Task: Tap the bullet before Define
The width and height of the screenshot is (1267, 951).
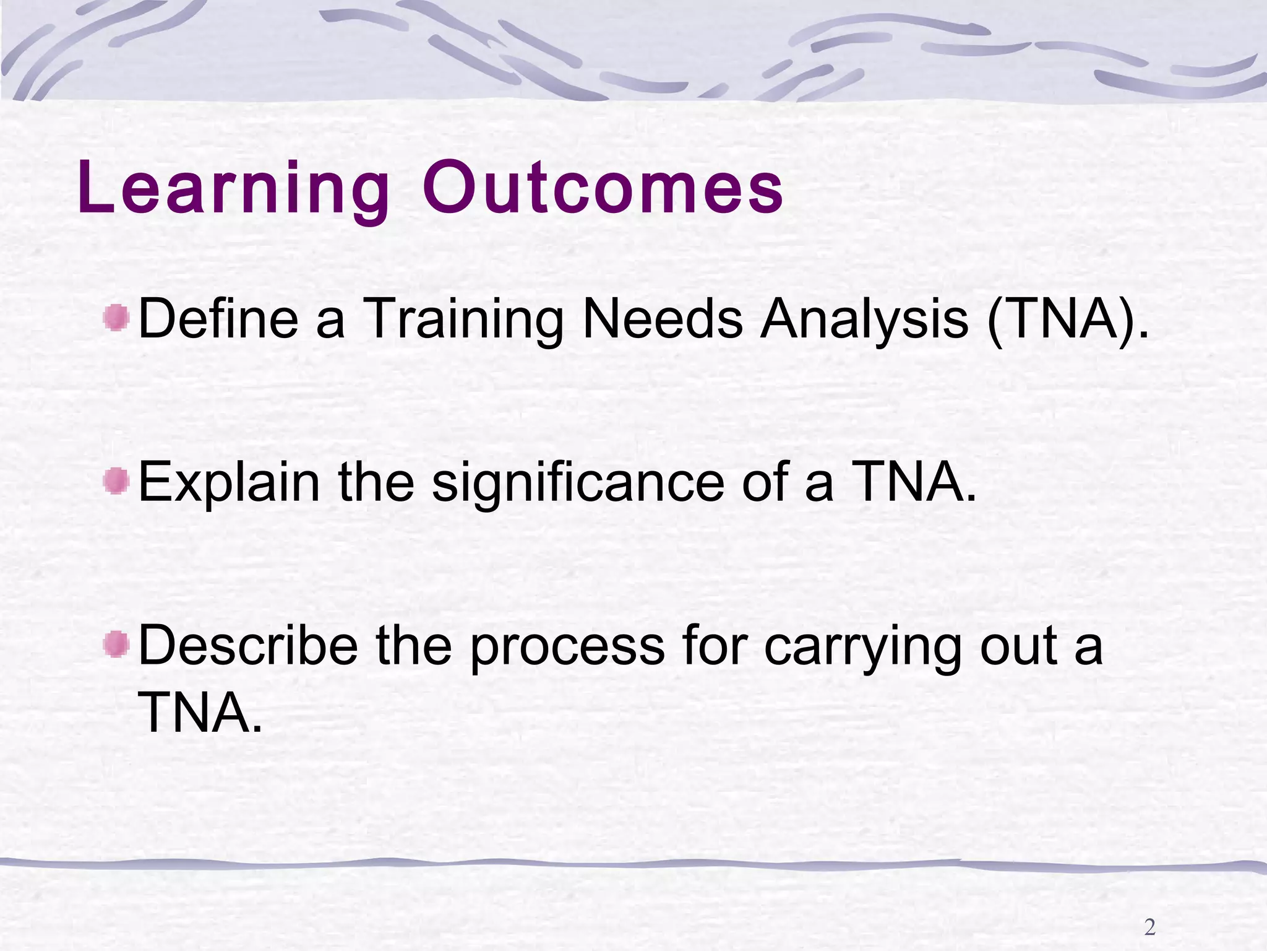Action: [116, 318]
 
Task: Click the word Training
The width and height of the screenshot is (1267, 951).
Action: [463, 319]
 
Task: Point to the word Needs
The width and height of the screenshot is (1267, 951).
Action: [663, 319]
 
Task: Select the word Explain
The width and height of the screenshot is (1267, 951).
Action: [230, 484]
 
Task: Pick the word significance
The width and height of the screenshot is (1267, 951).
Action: [578, 484]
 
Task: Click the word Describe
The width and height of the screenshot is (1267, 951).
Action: [248, 646]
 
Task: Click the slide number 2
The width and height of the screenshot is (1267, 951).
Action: [1150, 927]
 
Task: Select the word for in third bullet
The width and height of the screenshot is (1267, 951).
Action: [714, 646]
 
